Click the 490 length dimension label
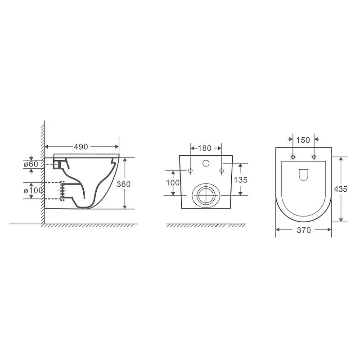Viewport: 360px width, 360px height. [81, 147]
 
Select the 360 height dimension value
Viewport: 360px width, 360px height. [123, 184]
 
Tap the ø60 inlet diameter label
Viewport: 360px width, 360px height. [31, 164]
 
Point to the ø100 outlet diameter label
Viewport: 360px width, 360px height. [33, 190]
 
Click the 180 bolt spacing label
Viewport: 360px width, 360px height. [204, 148]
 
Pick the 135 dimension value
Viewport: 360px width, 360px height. [241, 180]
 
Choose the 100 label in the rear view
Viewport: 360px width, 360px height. [173, 183]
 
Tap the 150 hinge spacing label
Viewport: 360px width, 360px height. [303, 140]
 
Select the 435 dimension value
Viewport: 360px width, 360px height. [341, 189]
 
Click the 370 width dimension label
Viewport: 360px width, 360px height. [304, 230]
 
